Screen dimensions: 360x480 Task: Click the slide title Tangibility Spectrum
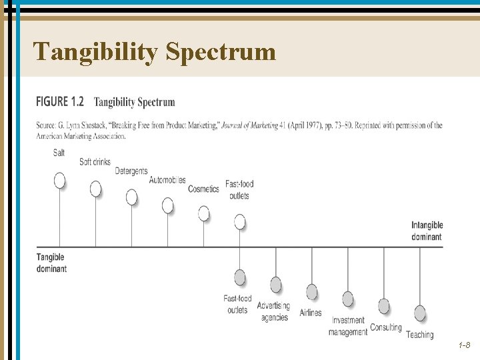coord(154,51)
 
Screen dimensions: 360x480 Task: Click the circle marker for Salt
coord(60,181)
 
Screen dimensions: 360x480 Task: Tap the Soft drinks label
coord(95,162)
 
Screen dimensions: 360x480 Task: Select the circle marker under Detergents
coord(132,197)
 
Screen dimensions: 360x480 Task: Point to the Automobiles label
coord(167,180)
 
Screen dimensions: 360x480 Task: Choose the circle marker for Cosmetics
coord(204,213)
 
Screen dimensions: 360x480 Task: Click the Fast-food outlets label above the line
coord(239,189)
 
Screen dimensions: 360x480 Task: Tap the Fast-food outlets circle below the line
coord(240,277)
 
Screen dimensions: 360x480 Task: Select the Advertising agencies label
coord(273,311)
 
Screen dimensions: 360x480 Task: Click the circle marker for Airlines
coord(312,292)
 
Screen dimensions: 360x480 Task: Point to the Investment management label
coord(348,326)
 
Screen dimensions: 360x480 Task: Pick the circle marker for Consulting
coord(384,306)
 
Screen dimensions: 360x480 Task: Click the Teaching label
coord(419,335)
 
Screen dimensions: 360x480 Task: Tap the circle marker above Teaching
coord(420,313)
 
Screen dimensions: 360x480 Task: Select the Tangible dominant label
coord(51,263)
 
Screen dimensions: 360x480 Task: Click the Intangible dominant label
coord(427,231)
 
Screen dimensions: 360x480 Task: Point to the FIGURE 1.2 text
coord(60,102)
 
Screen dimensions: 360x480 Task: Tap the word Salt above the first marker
coord(59,153)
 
